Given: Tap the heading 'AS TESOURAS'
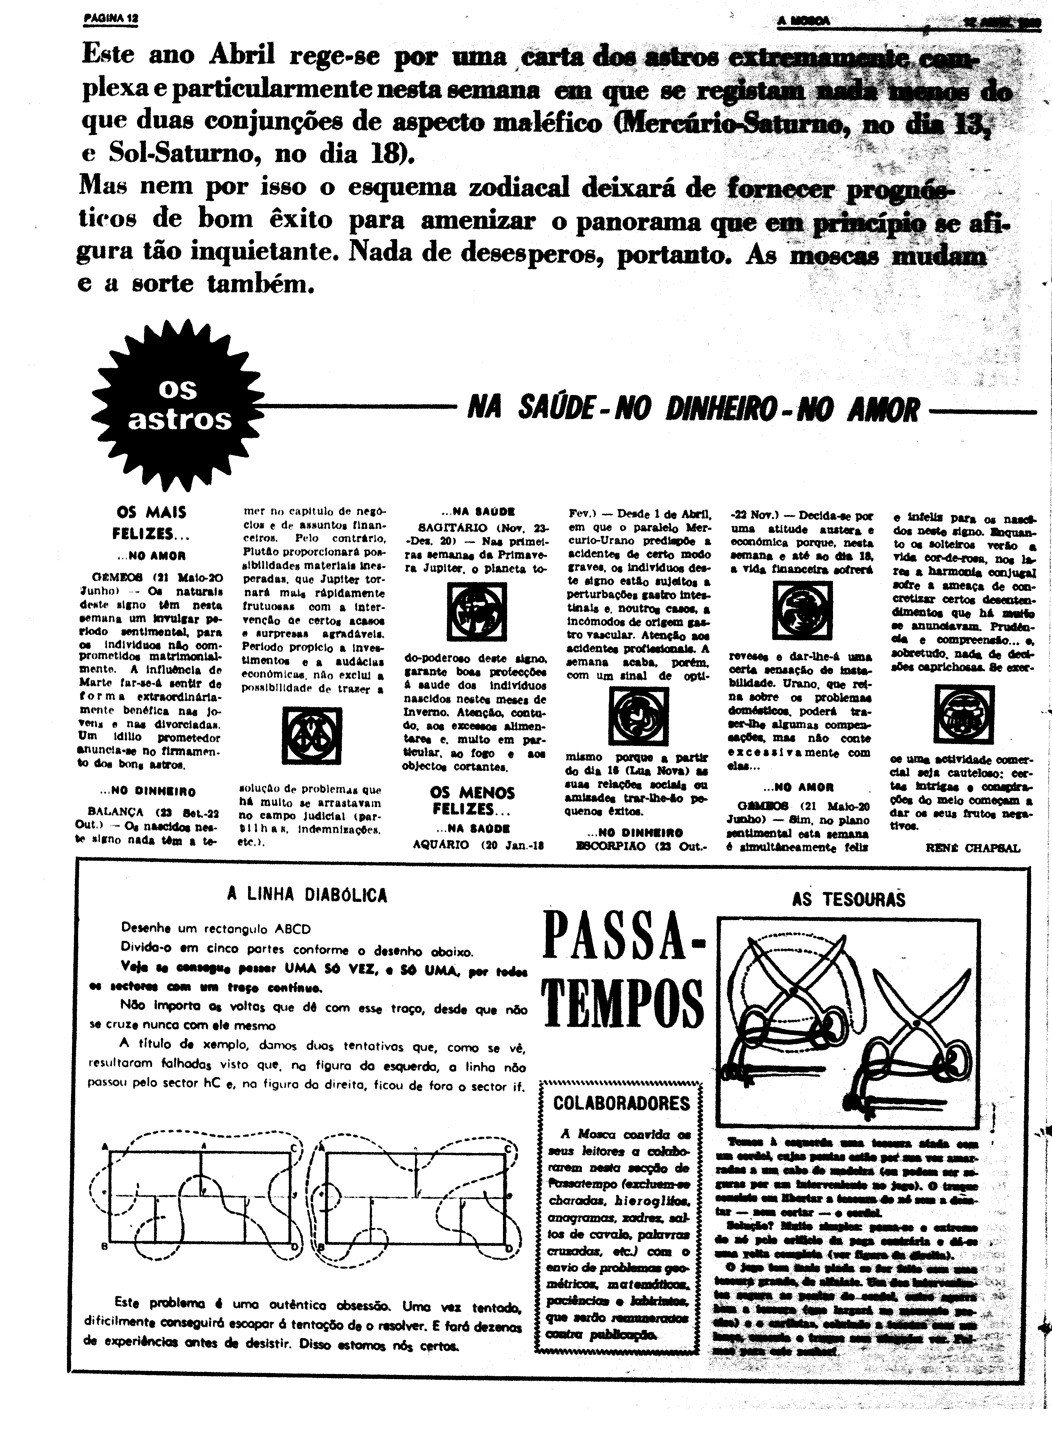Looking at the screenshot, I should tap(848, 899).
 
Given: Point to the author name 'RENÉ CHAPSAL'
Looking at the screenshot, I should tap(972, 848).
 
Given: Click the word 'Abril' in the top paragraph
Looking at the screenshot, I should tap(242, 55).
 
